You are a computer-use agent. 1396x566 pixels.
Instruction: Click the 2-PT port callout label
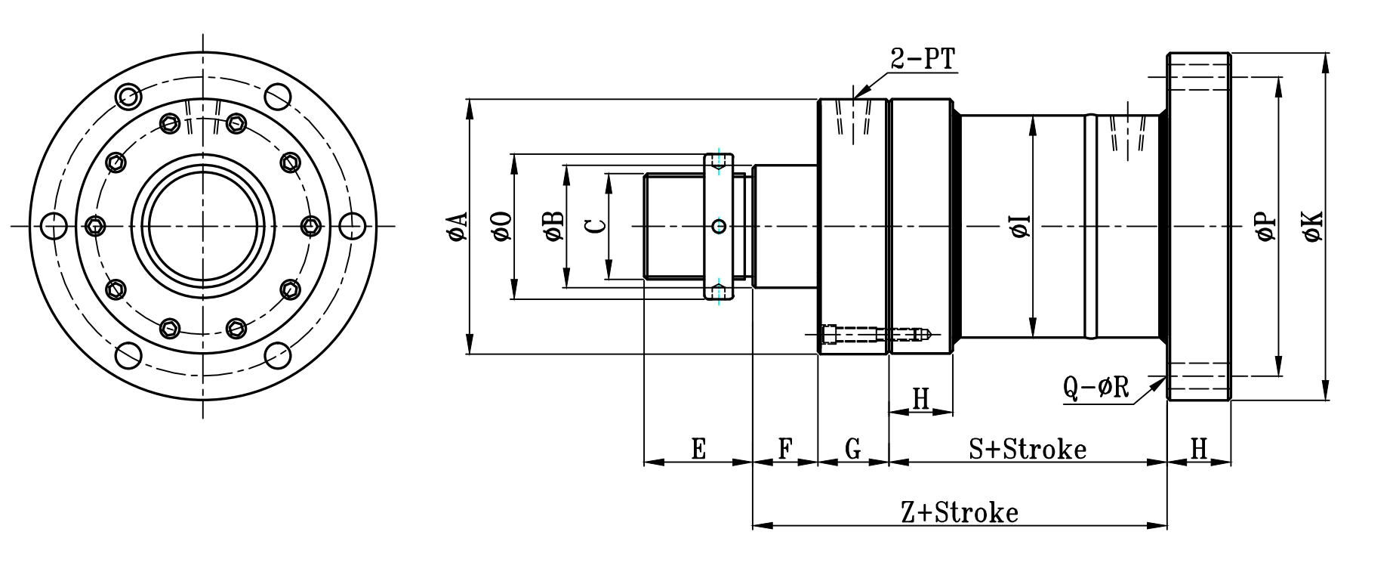[x=923, y=59]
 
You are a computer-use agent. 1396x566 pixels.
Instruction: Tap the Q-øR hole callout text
[x=1096, y=388]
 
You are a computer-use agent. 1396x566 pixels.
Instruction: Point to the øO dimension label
[x=501, y=227]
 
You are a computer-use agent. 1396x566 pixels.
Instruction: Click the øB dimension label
[x=553, y=227]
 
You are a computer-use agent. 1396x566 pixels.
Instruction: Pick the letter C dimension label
[x=596, y=226]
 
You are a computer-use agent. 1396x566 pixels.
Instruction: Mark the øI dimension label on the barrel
[x=1021, y=227]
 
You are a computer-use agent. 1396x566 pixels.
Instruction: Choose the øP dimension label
[x=1265, y=227]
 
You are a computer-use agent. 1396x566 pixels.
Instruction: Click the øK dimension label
[x=1313, y=227]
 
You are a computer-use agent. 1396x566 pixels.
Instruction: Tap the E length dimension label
[x=698, y=449]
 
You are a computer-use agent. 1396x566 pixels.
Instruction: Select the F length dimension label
[x=785, y=449]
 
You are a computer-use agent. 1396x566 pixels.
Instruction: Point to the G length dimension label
[x=853, y=449]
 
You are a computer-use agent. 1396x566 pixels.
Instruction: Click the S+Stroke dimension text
[x=1028, y=450]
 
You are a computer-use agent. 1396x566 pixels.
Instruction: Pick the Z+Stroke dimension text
[x=960, y=513]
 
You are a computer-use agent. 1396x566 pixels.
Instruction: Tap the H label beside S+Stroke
[x=1199, y=449]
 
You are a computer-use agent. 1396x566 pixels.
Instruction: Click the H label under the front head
[x=921, y=399]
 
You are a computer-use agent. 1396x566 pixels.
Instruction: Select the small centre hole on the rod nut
[x=719, y=226]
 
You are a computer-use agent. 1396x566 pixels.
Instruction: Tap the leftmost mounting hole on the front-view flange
[x=54, y=226]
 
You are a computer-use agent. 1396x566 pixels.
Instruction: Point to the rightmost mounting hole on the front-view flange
[x=352, y=226]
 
